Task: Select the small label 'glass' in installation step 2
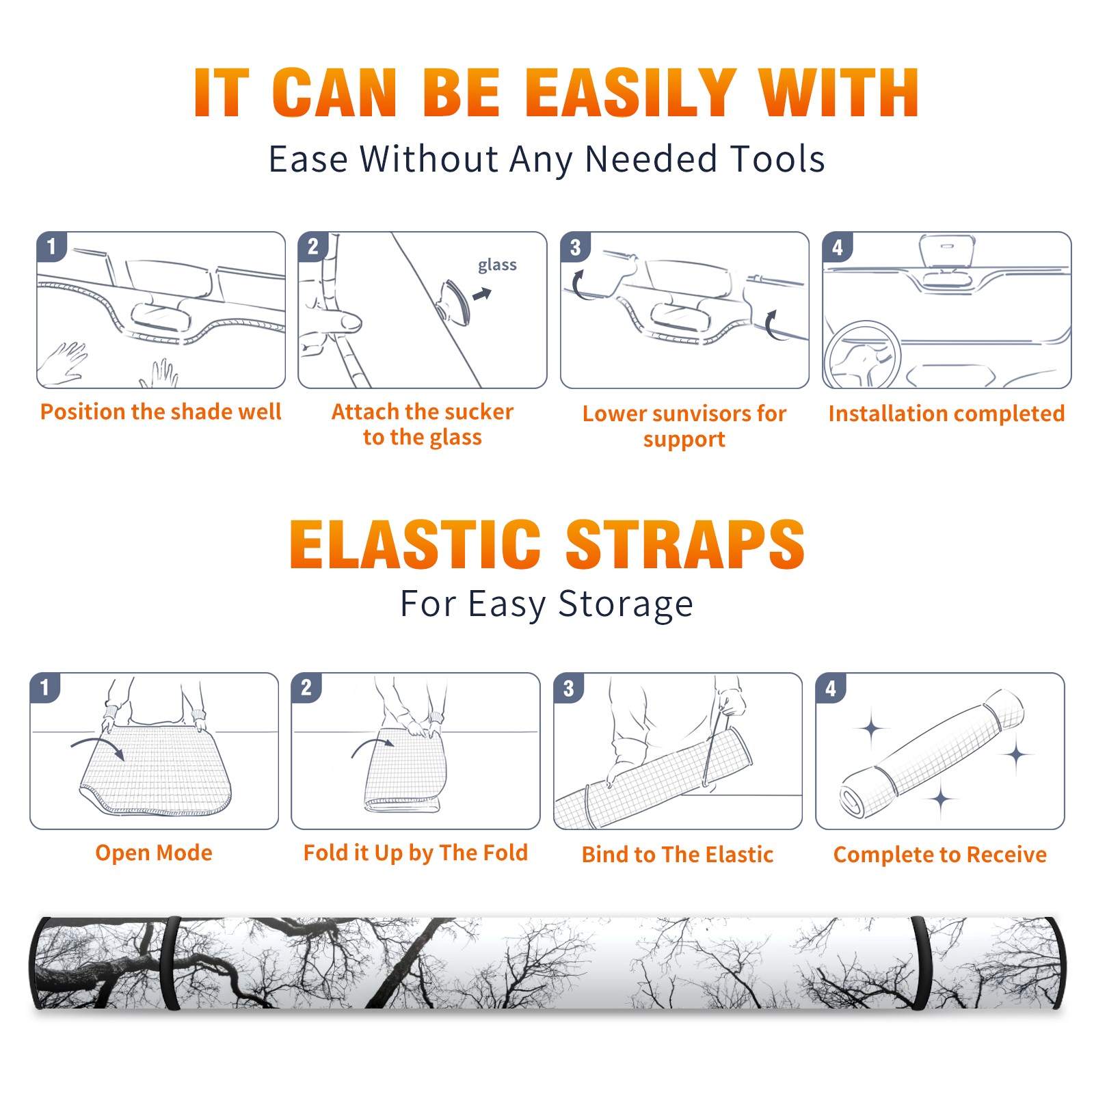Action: point(497,265)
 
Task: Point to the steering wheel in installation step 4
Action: point(862,355)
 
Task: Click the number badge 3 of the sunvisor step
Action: point(575,247)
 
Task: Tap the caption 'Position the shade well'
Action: point(161,412)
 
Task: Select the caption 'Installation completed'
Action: point(946,414)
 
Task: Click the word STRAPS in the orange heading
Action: point(685,544)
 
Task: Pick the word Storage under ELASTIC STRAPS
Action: point(626,604)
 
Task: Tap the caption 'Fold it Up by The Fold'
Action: point(416,853)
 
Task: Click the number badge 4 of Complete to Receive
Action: point(831,688)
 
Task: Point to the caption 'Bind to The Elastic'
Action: point(678,855)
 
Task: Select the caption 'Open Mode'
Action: point(154,853)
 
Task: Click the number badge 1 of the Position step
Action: point(51,246)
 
